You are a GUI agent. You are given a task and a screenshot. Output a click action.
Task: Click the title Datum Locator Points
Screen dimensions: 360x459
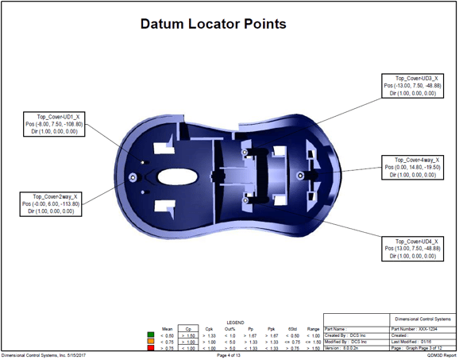(x=213, y=24)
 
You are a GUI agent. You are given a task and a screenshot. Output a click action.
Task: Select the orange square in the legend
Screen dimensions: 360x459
(x=152, y=341)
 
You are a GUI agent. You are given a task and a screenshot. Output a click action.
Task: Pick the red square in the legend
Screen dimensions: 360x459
(x=152, y=348)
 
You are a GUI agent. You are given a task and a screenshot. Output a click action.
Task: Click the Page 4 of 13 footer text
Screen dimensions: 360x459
(x=229, y=355)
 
